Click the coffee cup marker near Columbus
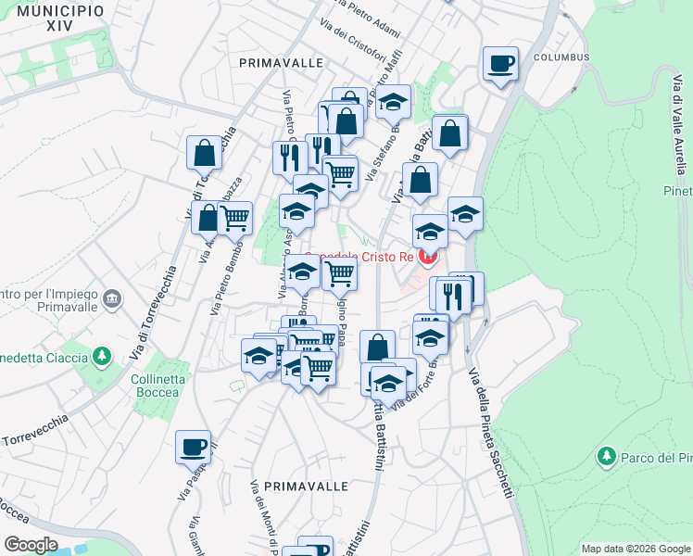pyautogui.click(x=500, y=64)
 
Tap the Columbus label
pyautogui.click(x=561, y=57)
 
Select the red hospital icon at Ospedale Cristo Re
pyautogui.click(x=428, y=256)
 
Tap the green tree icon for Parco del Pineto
pyautogui.click(x=607, y=456)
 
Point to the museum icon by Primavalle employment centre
pyautogui.click(x=112, y=298)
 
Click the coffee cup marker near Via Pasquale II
pyautogui.click(x=194, y=447)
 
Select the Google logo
pyautogui.click(x=31, y=545)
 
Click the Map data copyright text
pyautogui.click(x=636, y=549)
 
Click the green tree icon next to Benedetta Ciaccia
pyautogui.click(x=103, y=357)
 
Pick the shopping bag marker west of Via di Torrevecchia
pyautogui.click(x=203, y=152)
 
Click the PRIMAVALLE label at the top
pyautogui.click(x=281, y=62)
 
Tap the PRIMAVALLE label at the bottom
pyautogui.click(x=306, y=486)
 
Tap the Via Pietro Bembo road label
pyautogui.click(x=228, y=278)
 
